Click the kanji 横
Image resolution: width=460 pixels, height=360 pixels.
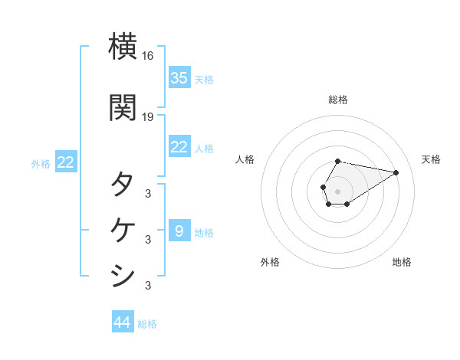(123, 47)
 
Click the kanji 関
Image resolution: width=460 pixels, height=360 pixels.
(123, 107)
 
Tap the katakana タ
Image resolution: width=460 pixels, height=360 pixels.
(123, 185)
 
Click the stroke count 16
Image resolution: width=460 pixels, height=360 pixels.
(148, 56)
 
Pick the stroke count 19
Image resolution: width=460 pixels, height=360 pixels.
(148, 117)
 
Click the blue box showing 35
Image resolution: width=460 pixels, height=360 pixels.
(179, 77)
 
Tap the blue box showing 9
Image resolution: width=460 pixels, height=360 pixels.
(179, 231)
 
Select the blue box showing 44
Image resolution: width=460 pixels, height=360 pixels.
(123, 322)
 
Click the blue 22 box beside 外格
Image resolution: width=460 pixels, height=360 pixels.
(66, 162)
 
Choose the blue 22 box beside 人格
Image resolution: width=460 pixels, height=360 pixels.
(179, 147)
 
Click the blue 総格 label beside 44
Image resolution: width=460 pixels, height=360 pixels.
(147, 324)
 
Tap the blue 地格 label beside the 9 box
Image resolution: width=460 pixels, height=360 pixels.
(204, 232)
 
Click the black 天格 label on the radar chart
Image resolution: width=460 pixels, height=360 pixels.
(431, 159)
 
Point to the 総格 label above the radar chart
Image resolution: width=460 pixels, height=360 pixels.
(338, 100)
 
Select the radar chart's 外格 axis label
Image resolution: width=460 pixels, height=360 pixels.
(270, 262)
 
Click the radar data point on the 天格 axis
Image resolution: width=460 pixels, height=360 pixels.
(396, 172)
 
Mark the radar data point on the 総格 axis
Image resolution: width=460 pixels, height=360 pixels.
(338, 162)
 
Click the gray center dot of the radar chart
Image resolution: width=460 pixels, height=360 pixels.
(338, 191)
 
